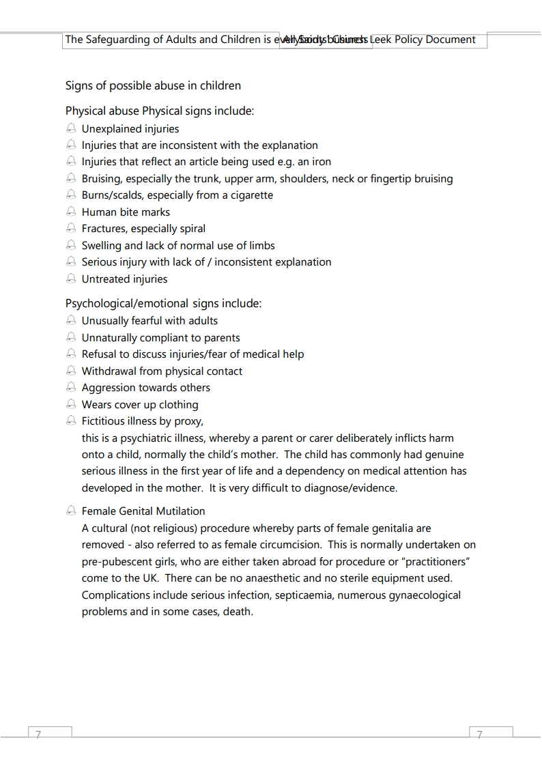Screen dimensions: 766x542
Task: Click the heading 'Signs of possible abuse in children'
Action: click(153, 86)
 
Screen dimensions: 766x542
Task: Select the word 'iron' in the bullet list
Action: click(322, 162)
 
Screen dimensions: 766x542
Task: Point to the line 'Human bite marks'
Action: click(126, 212)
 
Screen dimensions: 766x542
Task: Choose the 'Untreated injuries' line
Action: click(124, 279)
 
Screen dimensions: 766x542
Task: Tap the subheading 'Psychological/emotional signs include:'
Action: click(163, 303)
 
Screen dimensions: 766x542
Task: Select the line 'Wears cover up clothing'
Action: click(140, 405)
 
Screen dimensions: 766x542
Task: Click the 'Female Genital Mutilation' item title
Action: click(143, 511)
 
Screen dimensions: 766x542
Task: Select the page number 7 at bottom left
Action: click(38, 735)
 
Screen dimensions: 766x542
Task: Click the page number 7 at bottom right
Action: click(479, 735)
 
